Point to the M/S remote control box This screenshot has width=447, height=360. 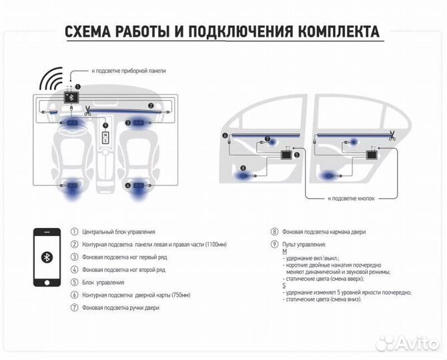pos(105,137)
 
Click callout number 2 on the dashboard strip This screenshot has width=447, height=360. pos(151,105)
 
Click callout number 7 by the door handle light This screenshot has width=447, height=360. pos(268,141)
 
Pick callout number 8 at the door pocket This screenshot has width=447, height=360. pos(244,167)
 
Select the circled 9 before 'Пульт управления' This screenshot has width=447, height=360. pos(274,245)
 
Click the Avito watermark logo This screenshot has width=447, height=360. pos(407,343)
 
